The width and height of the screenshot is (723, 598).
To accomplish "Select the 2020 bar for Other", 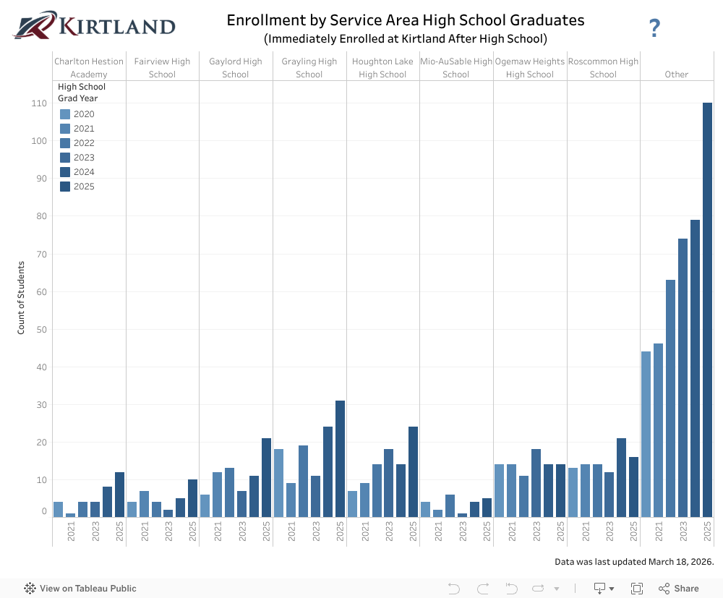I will [646, 434].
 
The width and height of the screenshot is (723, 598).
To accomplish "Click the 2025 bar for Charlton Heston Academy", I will [119, 495].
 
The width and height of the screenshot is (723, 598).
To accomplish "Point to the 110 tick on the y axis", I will [39, 103].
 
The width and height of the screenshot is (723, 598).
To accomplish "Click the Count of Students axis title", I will [21, 298].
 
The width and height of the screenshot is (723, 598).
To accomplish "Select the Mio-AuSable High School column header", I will [456, 68].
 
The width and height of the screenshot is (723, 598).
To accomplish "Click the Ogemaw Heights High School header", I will [530, 68].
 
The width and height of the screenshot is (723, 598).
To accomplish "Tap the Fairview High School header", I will [162, 68].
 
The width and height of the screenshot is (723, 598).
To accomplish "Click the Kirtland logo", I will [94, 26].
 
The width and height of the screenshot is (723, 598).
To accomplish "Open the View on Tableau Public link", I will [80, 589].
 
